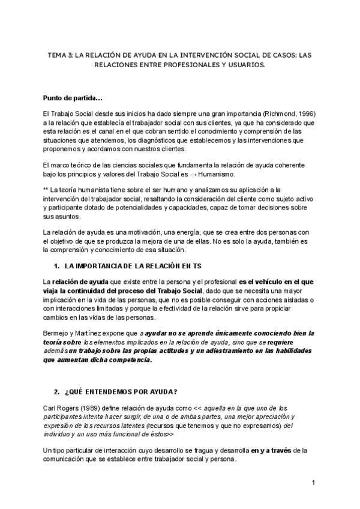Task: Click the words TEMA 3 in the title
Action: (x=59, y=55)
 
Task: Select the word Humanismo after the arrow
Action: (x=218, y=173)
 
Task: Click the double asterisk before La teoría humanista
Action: (x=46, y=190)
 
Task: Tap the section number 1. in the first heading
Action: (x=58, y=265)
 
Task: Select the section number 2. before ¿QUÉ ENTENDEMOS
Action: (x=58, y=392)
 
